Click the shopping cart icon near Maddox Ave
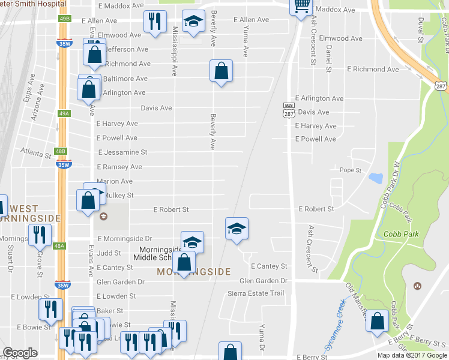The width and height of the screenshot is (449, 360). click(301, 6)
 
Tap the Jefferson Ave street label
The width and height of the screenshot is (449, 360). click(127, 49)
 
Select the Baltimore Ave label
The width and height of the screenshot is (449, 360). click(125, 79)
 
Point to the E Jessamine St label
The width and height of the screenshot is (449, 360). click(122, 152)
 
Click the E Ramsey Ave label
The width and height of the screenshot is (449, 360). click(119, 167)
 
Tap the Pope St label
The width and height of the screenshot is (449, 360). click(351, 170)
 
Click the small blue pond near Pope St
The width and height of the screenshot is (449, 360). click(376, 178)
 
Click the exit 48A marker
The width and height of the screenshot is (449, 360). click(59, 246)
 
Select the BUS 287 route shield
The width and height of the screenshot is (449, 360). click(288, 110)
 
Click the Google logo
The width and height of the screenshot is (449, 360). click(20, 353)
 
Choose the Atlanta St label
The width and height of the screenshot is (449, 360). click(35, 154)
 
